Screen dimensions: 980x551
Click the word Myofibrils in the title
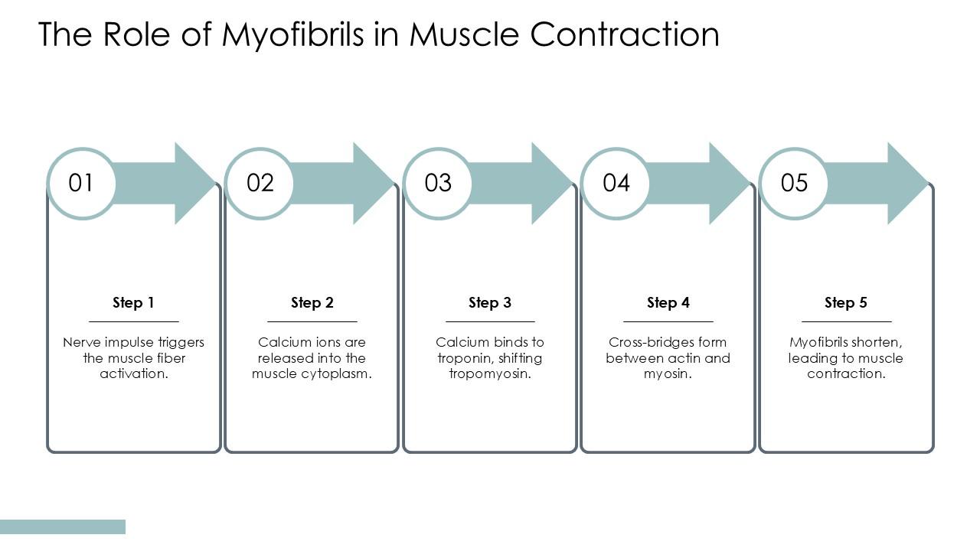pos(293,34)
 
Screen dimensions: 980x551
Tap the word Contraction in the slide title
pos(625,34)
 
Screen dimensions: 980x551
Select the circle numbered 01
pos(81,183)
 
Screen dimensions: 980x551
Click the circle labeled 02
pos(260,183)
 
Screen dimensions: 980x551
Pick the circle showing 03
pos(438,183)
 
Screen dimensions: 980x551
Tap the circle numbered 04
pos(616,183)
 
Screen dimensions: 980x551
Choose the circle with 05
pos(794,183)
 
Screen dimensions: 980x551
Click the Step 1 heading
pos(133,302)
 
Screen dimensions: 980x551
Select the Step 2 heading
pos(312,302)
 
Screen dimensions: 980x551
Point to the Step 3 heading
pos(490,302)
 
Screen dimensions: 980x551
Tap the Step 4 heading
pos(668,302)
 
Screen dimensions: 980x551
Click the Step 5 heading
pos(846,302)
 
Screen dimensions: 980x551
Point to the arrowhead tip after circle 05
pos(928,183)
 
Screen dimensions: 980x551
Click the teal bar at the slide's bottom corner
pos(63,527)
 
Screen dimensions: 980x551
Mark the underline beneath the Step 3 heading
pos(490,321)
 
